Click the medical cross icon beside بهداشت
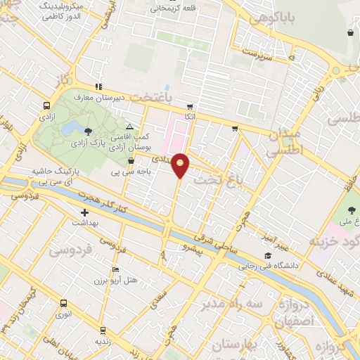[85, 212]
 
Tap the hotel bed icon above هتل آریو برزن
[116, 270]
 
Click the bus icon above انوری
[64, 304]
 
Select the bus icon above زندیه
[103, 330]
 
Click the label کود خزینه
[335, 243]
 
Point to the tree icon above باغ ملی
[353, 211]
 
